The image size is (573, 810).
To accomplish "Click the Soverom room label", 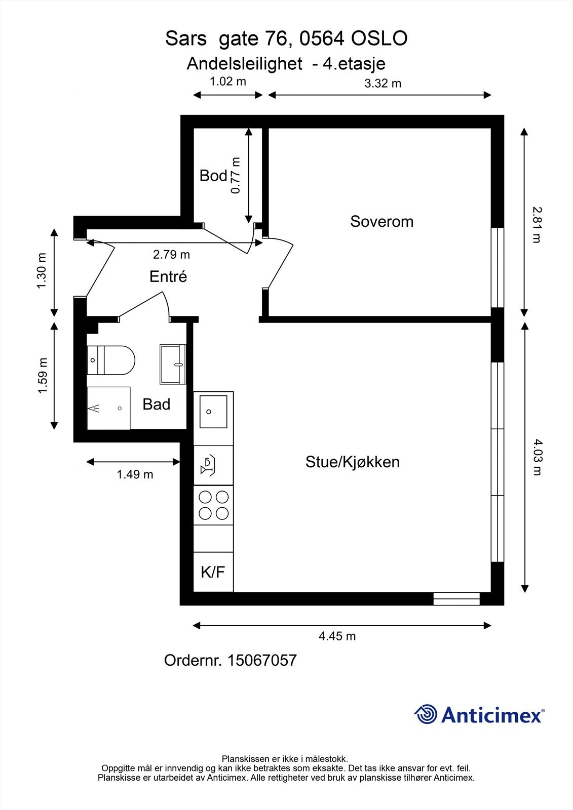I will (381, 221).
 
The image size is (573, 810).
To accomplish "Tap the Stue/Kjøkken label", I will (352, 462).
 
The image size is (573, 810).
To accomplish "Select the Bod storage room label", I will (213, 176).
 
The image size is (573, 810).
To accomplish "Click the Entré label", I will (168, 276).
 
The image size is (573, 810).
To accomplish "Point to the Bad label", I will (156, 404).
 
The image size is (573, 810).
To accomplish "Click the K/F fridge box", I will (213, 572).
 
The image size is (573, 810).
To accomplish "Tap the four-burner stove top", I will (213, 505).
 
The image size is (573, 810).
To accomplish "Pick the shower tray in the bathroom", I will (108, 408).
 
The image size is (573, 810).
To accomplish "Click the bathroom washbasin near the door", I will (173, 364).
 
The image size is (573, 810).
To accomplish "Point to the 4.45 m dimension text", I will (337, 636).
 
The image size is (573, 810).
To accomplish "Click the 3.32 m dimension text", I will (383, 84).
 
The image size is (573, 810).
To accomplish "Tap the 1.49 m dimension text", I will (135, 474).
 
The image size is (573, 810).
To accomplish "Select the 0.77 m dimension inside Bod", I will (236, 175).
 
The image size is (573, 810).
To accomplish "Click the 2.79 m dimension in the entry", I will (171, 254).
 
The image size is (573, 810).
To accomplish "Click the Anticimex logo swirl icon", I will (426, 715).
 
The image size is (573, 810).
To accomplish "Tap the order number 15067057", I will (262, 660).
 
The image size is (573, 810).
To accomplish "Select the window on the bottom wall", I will (456, 599).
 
